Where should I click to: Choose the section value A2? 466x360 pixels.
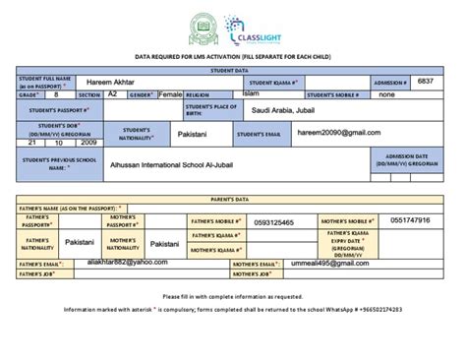click(112, 94)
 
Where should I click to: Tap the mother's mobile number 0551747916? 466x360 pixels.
click(423, 220)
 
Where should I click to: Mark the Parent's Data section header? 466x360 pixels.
click(232, 197)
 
